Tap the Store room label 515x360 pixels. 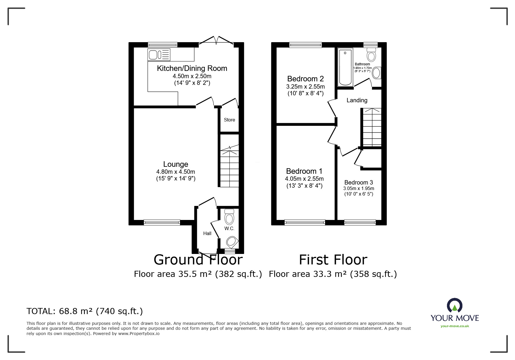(229, 120)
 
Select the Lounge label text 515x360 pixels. (176, 164)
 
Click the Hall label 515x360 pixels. (207, 233)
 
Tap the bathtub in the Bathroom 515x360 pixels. (345, 67)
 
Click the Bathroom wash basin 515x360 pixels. (376, 73)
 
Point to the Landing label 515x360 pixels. (357, 100)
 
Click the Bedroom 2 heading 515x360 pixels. (305, 78)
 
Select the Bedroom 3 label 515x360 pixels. (359, 182)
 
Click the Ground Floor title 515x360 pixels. (198, 259)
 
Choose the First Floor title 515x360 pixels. (333, 259)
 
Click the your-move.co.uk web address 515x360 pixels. (455, 326)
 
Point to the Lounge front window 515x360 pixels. (162, 223)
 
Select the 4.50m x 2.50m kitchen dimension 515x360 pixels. (192, 76)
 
